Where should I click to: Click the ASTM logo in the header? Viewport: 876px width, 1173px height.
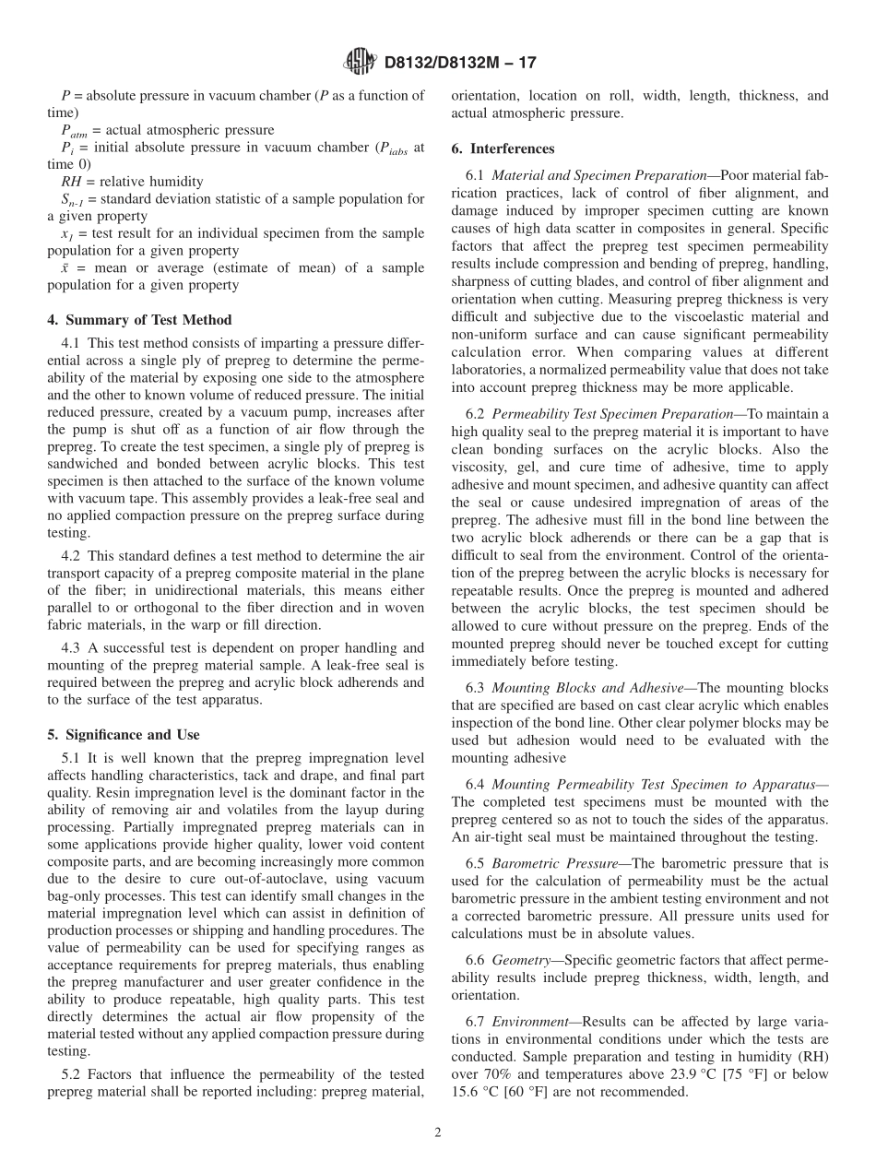[x=360, y=63]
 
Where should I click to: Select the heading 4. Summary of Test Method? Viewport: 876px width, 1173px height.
[x=139, y=320]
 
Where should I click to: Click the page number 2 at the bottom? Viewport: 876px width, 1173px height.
[x=438, y=1133]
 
